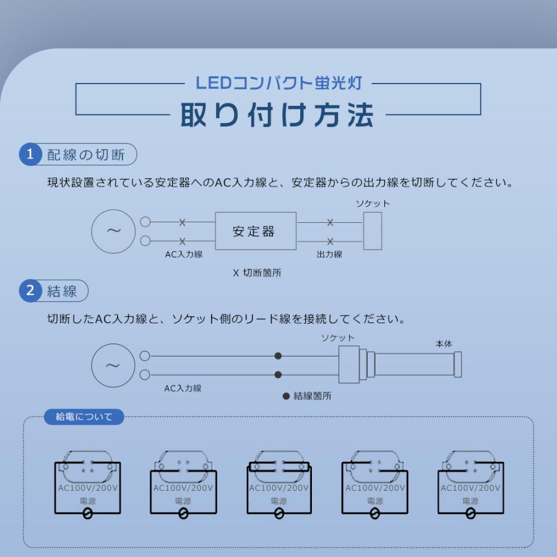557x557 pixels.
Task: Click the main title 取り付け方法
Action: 277,114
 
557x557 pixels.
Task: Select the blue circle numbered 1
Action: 30,154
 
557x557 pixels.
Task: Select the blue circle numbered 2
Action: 30,290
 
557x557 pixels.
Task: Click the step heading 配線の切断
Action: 86,155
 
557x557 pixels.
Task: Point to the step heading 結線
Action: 63,291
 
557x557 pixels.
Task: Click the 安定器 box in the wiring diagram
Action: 255,231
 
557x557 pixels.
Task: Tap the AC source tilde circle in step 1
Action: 113,231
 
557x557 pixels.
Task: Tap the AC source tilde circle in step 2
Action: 113,365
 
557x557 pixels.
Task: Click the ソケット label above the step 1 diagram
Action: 373,204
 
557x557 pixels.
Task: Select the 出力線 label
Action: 329,254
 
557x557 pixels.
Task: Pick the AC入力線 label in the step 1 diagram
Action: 184,254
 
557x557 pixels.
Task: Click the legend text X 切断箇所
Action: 257,272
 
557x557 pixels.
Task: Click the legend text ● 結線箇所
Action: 307,396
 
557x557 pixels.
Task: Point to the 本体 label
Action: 444,343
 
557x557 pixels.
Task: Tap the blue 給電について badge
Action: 84,417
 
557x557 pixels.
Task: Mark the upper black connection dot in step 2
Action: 278,356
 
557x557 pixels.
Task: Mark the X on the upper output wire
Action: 330,222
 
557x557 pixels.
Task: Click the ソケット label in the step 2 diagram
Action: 338,338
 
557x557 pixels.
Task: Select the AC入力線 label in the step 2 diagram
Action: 183,389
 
